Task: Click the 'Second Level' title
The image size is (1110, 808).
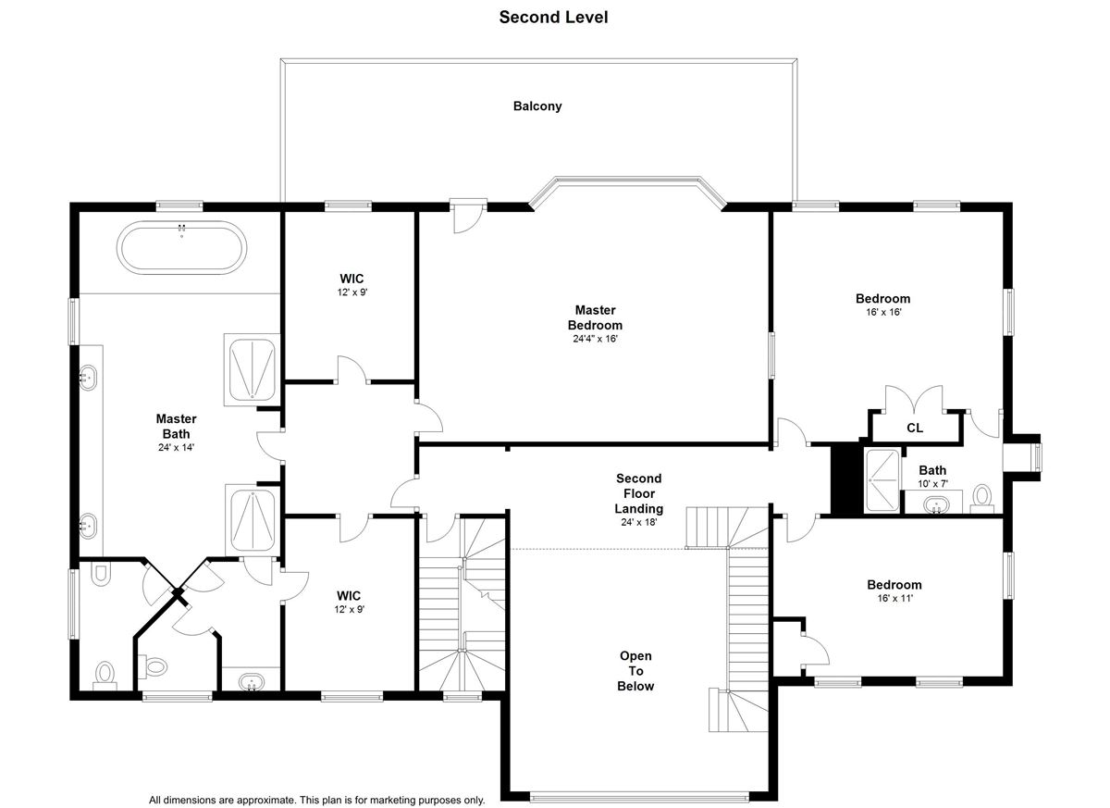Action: (553, 18)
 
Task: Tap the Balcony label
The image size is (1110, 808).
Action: (537, 106)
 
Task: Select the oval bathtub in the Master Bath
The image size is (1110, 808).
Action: (182, 247)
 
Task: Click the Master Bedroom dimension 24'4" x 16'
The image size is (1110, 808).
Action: (595, 339)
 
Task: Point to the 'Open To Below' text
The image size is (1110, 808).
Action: (635, 671)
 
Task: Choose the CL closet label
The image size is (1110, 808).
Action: (914, 428)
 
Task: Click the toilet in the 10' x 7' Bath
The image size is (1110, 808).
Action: (981, 499)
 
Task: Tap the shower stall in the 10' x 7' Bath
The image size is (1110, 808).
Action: (882, 479)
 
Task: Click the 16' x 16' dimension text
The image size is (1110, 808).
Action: (883, 312)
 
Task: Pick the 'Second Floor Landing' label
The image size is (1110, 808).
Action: (639, 493)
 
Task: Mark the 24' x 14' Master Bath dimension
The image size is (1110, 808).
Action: (176, 448)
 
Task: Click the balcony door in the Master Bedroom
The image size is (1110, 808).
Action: (468, 217)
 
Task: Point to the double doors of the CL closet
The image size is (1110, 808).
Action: (914, 400)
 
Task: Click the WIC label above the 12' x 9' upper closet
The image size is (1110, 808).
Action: (351, 279)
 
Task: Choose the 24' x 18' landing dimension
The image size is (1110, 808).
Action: (639, 522)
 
